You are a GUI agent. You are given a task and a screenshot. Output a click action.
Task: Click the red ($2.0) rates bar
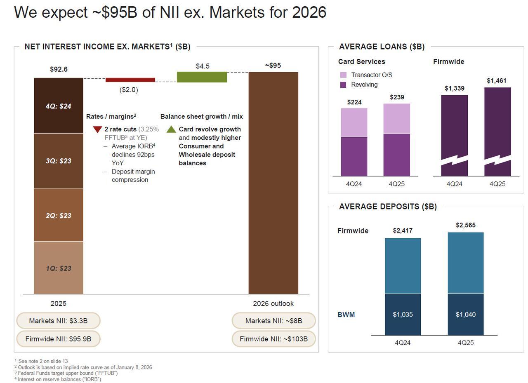pos(130,80)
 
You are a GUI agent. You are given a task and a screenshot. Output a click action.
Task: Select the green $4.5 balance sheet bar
pos(202,77)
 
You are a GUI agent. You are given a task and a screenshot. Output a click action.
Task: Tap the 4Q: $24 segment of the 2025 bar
pos(59,106)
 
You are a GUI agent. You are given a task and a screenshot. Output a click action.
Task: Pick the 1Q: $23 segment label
pos(59,268)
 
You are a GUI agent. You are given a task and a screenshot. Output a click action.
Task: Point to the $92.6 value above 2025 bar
pos(59,69)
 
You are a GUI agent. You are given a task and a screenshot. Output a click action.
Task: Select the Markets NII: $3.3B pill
pos(58,321)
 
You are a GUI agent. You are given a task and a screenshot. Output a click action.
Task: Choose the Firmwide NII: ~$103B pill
pos(273,339)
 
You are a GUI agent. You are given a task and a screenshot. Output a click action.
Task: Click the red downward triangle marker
pos(97,129)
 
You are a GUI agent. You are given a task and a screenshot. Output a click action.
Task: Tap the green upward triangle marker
pos(171,129)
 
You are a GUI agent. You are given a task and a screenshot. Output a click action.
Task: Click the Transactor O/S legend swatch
pos(343,75)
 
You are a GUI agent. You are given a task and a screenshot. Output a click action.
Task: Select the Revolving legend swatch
pos(343,85)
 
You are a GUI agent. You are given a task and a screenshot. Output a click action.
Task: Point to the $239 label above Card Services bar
pos(397,97)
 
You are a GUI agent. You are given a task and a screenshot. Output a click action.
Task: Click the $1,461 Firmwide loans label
pos(496,81)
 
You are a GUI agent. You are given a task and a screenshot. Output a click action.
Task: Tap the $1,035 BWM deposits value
pos(403,315)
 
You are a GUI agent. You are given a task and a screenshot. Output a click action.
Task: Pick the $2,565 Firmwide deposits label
pos(465,225)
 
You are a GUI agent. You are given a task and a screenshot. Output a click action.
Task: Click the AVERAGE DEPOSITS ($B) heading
pos(387,207)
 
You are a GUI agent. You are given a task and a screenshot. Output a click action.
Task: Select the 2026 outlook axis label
pos(273,303)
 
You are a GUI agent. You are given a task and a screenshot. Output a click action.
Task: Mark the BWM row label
pos(346,315)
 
